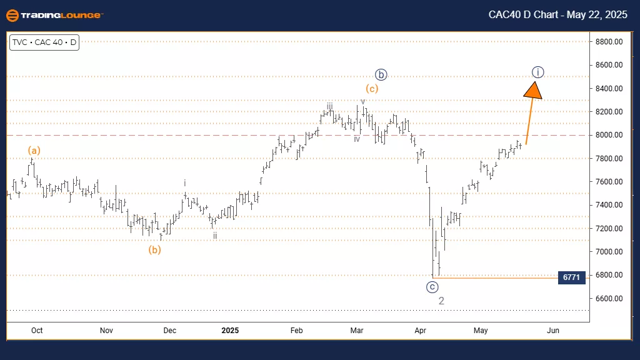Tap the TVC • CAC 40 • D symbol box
click(44, 43)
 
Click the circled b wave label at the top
click(381, 74)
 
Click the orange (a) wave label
click(34, 150)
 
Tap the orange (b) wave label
click(155, 250)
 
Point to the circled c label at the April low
click(432, 287)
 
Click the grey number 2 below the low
click(441, 301)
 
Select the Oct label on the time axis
click(37, 330)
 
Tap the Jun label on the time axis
click(552, 330)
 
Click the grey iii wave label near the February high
click(329, 106)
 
